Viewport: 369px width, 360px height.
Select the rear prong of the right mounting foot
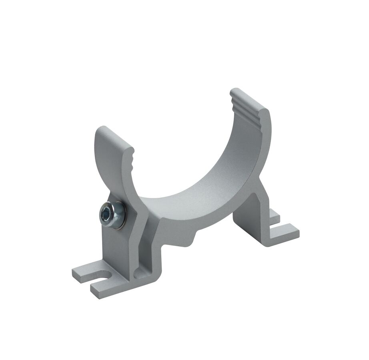pyautogui.click(x=275, y=215)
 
